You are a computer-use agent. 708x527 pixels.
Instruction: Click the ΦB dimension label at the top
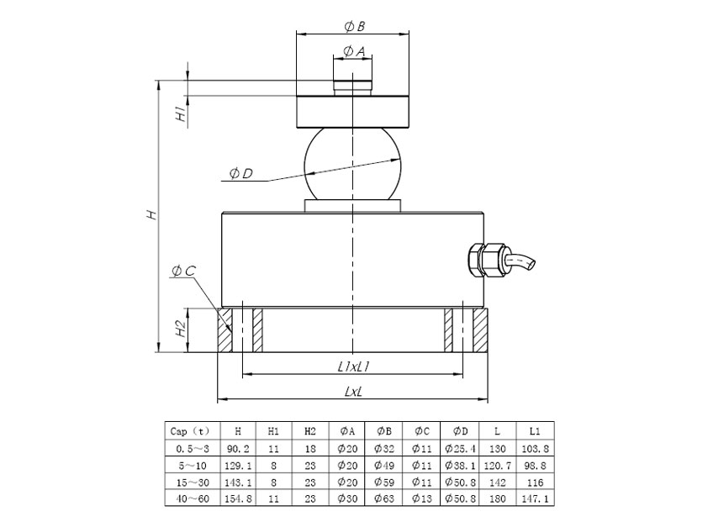point(354,26)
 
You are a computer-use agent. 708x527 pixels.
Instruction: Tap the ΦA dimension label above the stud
point(354,52)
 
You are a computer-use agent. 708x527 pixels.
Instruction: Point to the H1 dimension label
point(181,114)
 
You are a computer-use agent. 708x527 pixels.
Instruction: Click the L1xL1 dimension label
point(354,366)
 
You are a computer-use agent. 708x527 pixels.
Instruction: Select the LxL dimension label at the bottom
point(354,392)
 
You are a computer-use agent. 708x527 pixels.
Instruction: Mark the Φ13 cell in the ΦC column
point(422,498)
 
